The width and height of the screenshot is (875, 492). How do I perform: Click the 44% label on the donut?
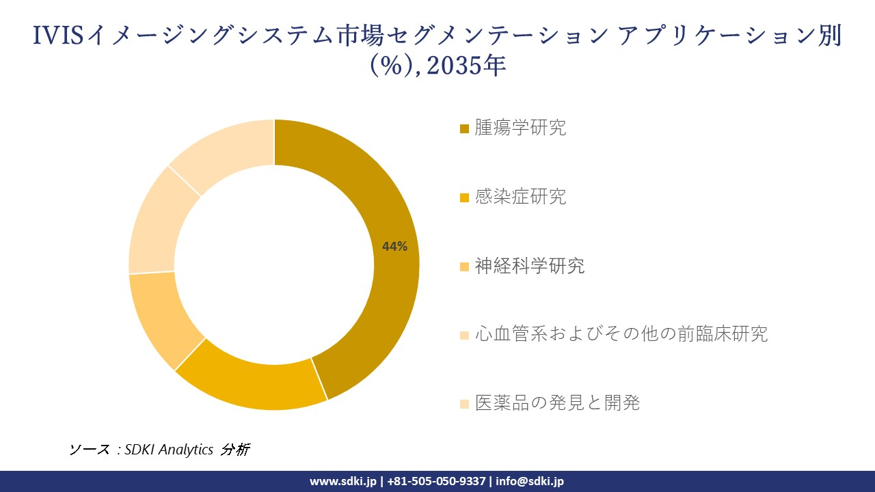(394, 247)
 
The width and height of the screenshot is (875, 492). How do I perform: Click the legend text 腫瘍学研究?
(521, 128)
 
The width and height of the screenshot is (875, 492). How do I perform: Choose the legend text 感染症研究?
(521, 197)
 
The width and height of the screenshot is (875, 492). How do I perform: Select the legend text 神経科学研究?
(530, 266)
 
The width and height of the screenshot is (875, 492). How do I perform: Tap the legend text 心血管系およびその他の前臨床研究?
(621, 334)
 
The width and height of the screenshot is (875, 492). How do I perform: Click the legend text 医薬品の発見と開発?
(557, 402)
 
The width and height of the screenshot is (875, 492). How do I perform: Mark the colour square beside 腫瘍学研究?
(465, 128)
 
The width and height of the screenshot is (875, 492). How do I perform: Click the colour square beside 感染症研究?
(465, 197)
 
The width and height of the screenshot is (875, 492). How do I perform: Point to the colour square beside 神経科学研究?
(465, 266)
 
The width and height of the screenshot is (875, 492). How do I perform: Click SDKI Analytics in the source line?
(169, 450)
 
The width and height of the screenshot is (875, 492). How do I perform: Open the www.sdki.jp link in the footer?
(342, 481)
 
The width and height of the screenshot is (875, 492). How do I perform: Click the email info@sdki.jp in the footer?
(530, 481)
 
